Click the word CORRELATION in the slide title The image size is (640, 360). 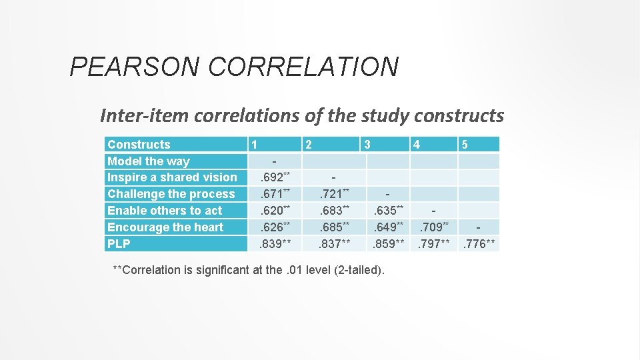pos(303,67)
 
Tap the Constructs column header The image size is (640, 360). pos(139,145)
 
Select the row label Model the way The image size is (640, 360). pos(148,161)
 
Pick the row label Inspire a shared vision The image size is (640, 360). pos(172,177)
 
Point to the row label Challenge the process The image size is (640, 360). pos(171,194)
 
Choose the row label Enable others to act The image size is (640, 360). pos(165,211)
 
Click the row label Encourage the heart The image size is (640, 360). pos(165,227)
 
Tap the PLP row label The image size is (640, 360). pos(119,243)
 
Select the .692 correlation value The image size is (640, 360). pos(273,178)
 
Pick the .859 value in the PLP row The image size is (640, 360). pos(387,244)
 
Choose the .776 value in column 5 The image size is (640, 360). pos(478,244)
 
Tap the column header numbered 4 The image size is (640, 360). pos(416,145)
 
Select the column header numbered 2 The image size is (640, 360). pos(307,145)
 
